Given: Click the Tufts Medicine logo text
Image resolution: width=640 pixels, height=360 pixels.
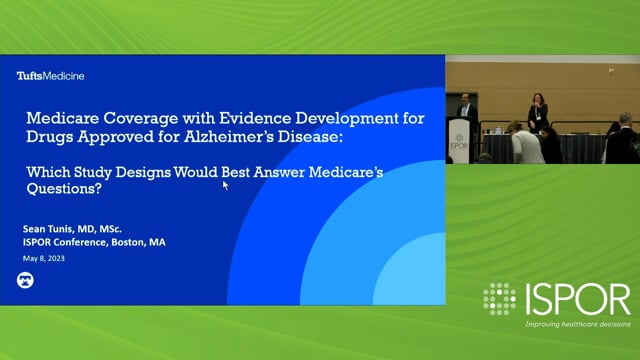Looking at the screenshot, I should point(50,76).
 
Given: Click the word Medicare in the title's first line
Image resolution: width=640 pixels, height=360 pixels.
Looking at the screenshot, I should point(65,118).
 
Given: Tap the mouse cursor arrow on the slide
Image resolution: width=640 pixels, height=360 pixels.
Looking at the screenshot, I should point(225,184).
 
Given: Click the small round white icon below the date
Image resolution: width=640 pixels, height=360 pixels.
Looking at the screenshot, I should point(26,281).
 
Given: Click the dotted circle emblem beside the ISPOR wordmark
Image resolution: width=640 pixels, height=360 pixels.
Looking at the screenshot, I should point(499,299).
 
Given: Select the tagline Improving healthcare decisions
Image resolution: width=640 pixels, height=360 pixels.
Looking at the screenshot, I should point(577,324).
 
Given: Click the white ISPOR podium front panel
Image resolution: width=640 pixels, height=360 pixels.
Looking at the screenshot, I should point(459,141).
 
